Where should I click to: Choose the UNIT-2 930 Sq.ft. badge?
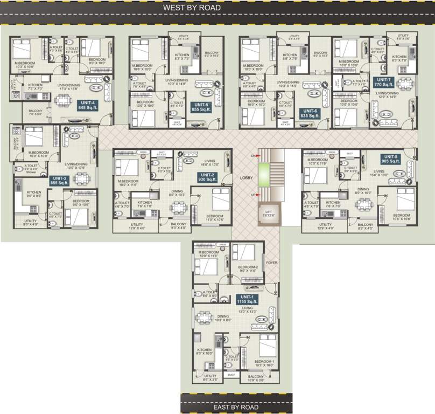pyautogui.click(x=208, y=177)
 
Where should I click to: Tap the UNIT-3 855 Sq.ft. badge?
pyautogui.click(x=59, y=180)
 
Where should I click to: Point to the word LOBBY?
pyautogui.click(x=246, y=177)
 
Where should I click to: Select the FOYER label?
pyautogui.click(x=271, y=264)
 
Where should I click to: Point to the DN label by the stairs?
pyautogui.click(x=254, y=156)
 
